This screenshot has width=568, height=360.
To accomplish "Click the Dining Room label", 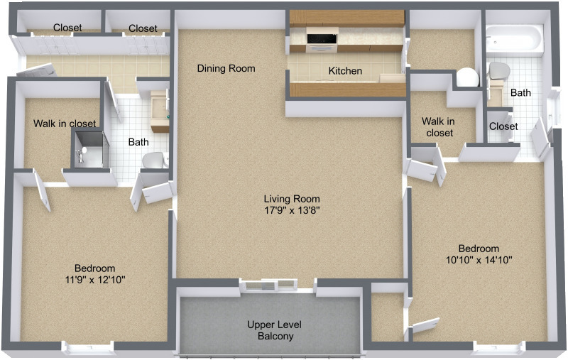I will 226,69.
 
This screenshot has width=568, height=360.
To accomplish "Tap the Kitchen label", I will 345,71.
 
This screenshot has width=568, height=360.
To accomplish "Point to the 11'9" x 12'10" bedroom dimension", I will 94,279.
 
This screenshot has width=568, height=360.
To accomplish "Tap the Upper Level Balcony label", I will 271,330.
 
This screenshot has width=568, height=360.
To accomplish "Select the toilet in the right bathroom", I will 500,71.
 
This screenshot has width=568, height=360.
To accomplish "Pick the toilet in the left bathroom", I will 153,161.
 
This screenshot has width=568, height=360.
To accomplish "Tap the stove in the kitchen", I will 322,38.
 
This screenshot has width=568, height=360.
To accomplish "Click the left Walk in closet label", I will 65,124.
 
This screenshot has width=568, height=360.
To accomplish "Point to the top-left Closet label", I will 67,28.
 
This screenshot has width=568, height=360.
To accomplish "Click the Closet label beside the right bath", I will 503,126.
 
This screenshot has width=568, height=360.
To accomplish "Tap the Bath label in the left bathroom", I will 138,142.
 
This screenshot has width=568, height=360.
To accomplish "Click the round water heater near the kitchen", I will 467,77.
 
